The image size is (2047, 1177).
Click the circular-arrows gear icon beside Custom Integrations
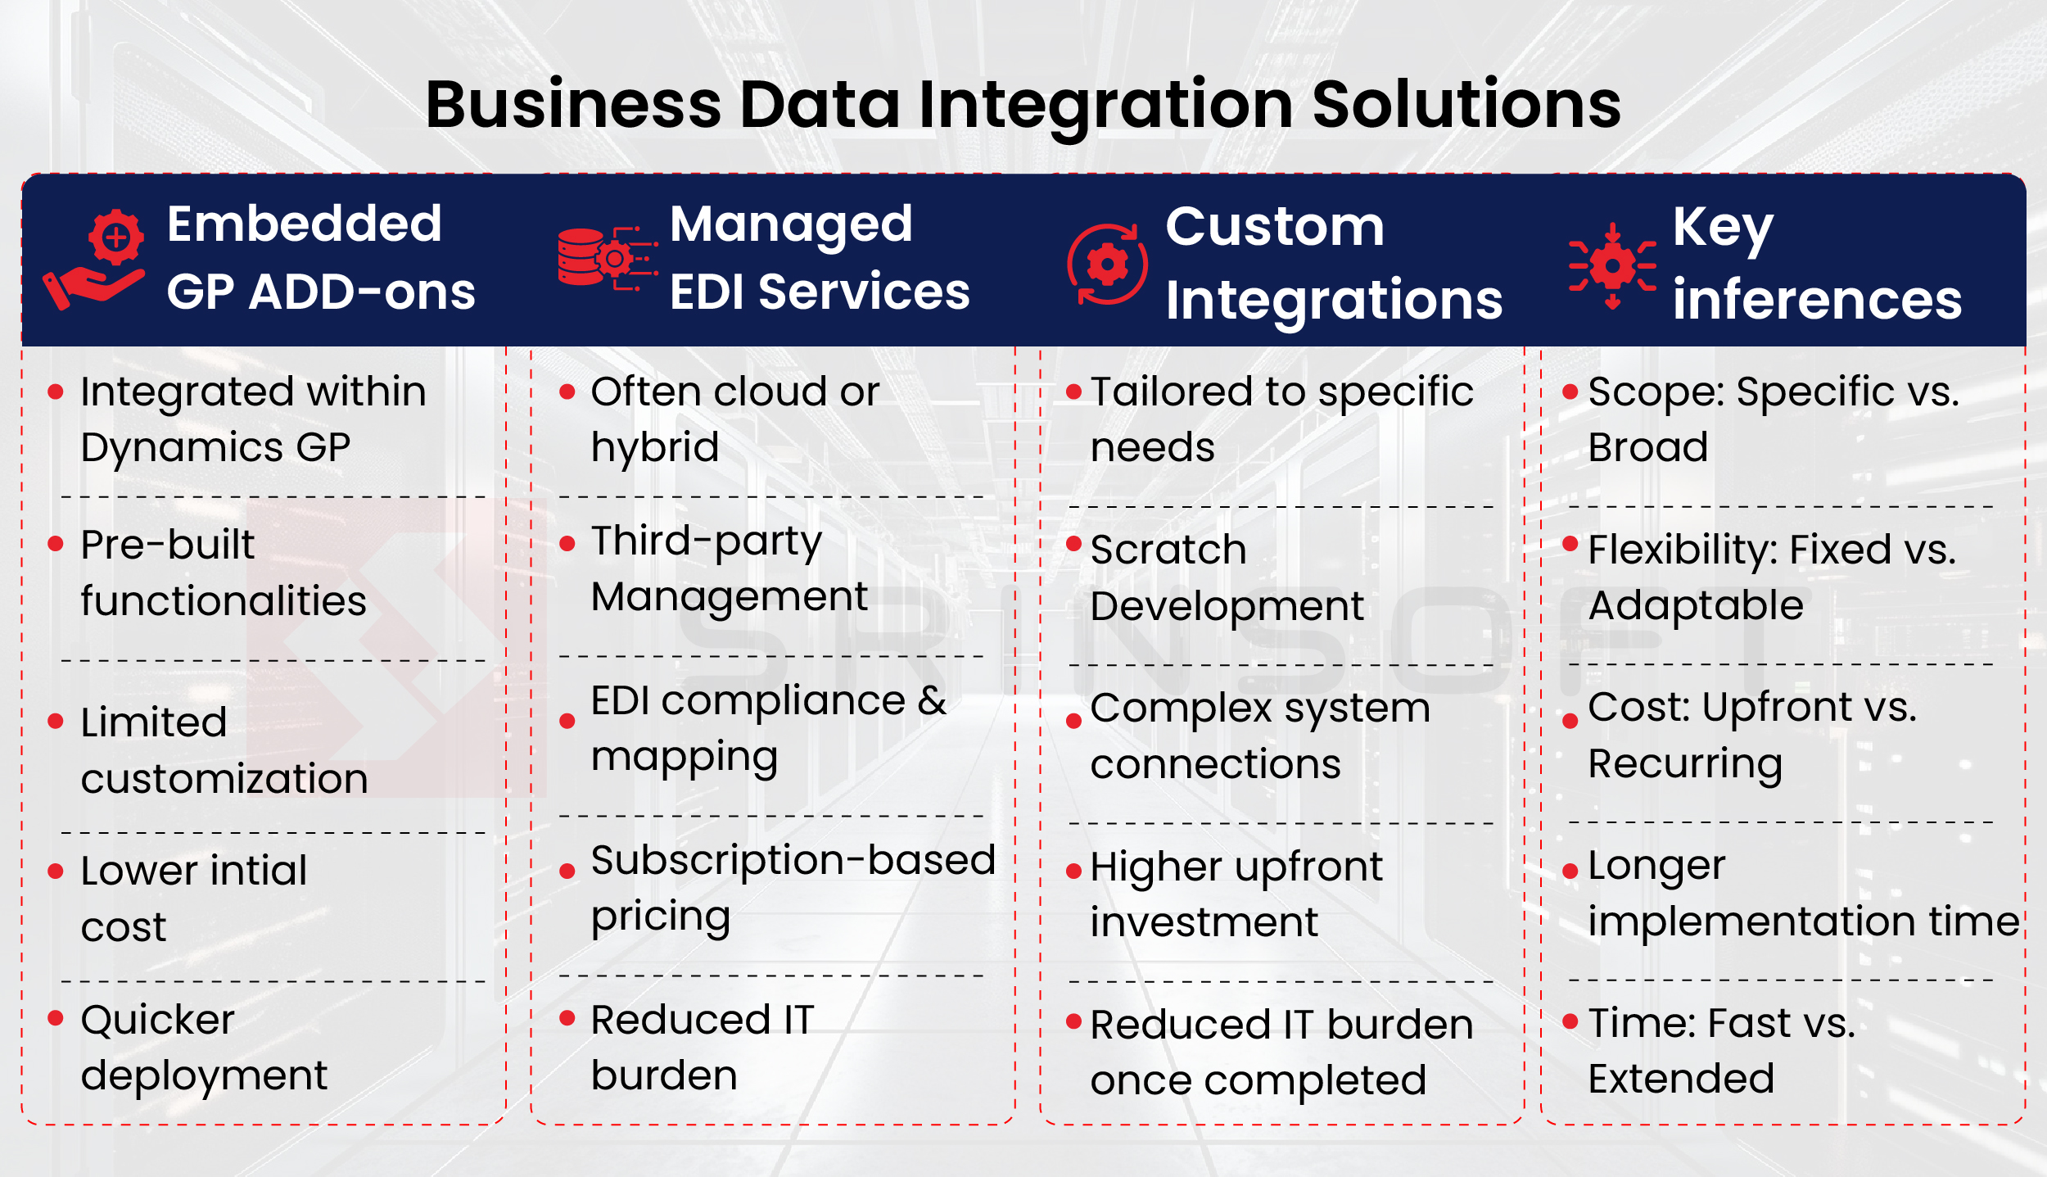click(1107, 265)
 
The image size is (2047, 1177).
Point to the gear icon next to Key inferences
click(1612, 265)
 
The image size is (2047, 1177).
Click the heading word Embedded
click(304, 224)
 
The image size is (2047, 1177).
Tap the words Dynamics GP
click(215, 448)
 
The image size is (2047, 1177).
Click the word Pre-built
click(168, 545)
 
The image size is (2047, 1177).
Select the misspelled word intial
click(258, 870)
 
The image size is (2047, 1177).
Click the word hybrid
click(655, 448)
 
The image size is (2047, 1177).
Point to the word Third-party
click(706, 541)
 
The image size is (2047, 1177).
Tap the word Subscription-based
click(793, 860)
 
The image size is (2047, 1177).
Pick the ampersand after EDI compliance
click(932, 701)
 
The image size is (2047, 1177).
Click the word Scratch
click(1168, 550)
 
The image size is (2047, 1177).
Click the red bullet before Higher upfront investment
click(1074, 872)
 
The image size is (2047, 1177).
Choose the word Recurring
click(1685, 764)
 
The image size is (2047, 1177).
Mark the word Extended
click(1681, 1079)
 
